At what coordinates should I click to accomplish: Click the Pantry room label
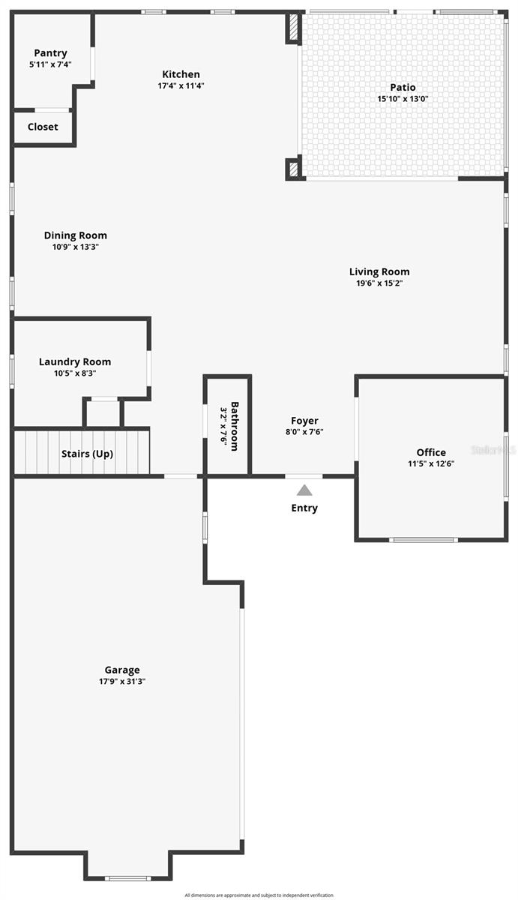point(50,53)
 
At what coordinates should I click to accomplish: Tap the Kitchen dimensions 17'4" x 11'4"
point(181,85)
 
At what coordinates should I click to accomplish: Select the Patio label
point(403,87)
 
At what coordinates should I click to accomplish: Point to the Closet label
point(43,127)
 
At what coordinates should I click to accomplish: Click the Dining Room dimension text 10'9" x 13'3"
point(76,247)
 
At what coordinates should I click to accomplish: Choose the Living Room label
point(379,271)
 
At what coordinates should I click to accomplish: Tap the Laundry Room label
point(75,361)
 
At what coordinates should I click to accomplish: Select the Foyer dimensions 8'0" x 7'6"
point(304,432)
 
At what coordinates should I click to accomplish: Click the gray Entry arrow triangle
point(304,490)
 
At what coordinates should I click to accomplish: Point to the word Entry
point(304,508)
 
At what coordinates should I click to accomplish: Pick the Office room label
point(431,452)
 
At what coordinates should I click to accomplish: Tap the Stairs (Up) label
point(87,454)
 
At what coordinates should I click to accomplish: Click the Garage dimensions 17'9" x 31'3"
point(122,682)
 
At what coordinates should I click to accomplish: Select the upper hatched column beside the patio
point(294,28)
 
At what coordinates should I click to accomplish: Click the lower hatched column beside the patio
point(294,168)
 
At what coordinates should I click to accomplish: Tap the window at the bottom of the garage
point(127,879)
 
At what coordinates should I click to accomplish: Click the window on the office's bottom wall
point(424,540)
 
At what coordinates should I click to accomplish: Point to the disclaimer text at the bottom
point(259,895)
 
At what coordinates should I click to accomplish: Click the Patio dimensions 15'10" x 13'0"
point(403,99)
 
